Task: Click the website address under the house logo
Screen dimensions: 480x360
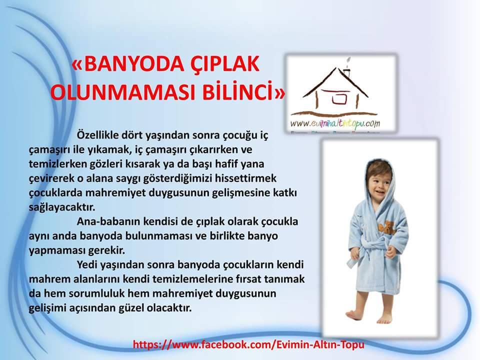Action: (335, 123)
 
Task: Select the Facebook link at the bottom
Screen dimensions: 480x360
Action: (248, 344)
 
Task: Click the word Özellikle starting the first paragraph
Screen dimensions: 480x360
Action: (98, 134)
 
